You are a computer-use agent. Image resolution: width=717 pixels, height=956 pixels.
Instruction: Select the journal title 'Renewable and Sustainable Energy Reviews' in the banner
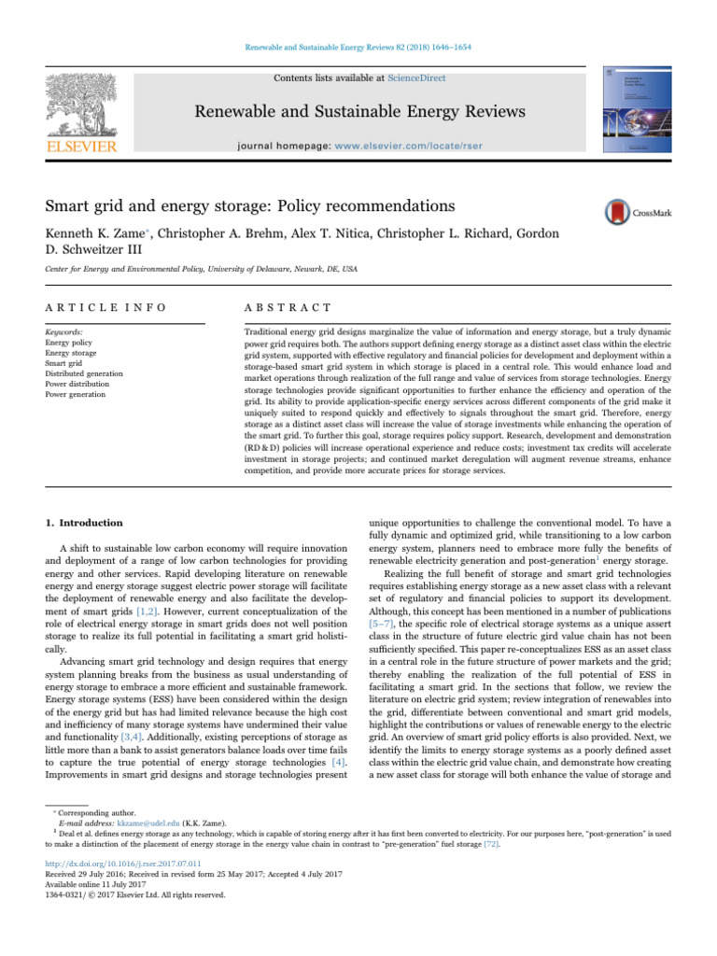(358, 114)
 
